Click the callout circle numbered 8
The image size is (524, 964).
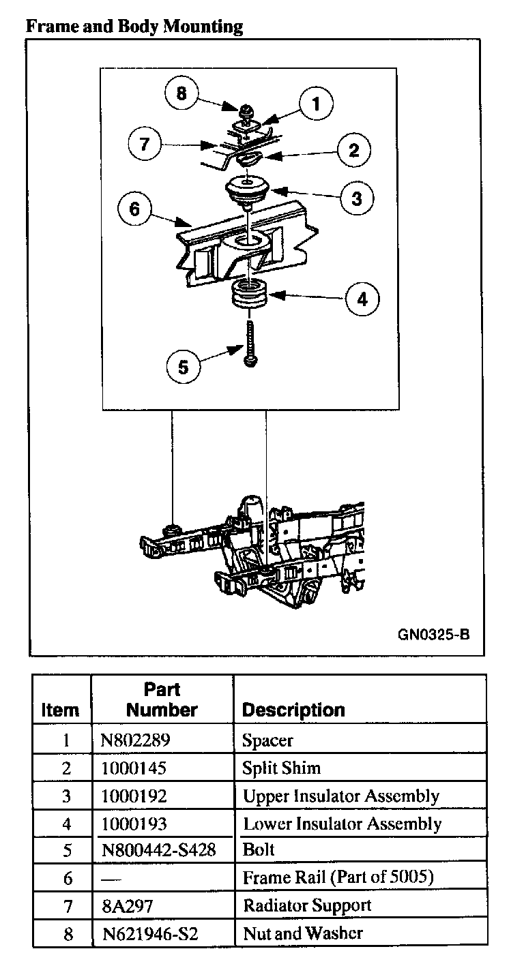tap(181, 93)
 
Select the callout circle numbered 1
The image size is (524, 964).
tap(315, 104)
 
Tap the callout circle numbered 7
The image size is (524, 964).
tap(144, 145)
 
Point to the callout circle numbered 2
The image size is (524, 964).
tap(353, 150)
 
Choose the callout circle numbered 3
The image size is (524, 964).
tap(357, 198)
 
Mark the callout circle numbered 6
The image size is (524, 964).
tap(134, 209)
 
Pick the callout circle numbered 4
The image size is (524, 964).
tap(362, 298)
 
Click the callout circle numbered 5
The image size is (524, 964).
tap(183, 367)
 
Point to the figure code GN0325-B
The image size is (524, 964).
tap(433, 634)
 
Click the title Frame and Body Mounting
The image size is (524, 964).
tap(134, 27)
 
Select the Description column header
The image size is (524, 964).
tap(293, 710)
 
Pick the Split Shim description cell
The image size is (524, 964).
tap(281, 768)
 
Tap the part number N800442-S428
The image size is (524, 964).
tap(157, 850)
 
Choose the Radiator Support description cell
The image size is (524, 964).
tap(307, 905)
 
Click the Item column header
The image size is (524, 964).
tap(60, 710)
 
